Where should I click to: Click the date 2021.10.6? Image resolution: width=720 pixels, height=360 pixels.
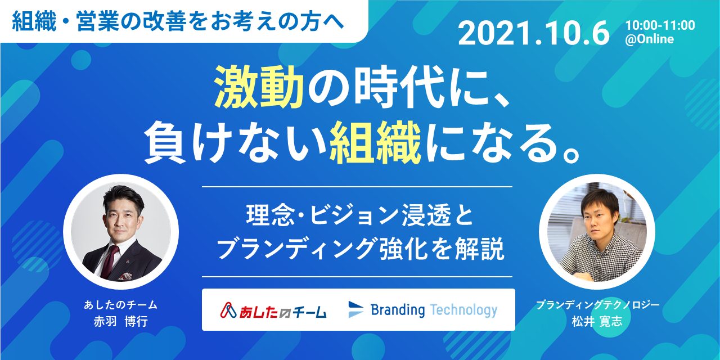(x=534, y=33)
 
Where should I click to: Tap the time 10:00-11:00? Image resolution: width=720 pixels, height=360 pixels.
(x=660, y=25)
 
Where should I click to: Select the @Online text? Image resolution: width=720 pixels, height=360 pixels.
(x=649, y=39)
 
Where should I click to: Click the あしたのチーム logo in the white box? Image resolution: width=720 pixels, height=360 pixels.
(x=273, y=310)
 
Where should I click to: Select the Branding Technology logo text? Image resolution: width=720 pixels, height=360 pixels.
(x=434, y=310)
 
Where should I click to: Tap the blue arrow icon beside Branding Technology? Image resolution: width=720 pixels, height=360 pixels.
(x=355, y=309)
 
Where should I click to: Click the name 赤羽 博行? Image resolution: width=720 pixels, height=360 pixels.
(x=120, y=321)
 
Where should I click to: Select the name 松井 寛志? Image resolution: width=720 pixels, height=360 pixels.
(x=597, y=321)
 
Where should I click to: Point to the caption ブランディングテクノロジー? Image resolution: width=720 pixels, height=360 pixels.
(x=597, y=305)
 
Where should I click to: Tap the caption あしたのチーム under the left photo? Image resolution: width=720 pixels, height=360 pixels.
(x=120, y=305)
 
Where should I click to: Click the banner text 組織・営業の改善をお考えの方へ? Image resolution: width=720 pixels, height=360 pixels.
(x=178, y=22)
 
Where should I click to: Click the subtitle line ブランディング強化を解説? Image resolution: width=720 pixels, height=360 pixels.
(x=359, y=249)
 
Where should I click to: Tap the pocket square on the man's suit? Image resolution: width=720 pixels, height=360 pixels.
(x=125, y=276)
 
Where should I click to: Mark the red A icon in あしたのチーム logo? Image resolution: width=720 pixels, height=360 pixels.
(x=228, y=310)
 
